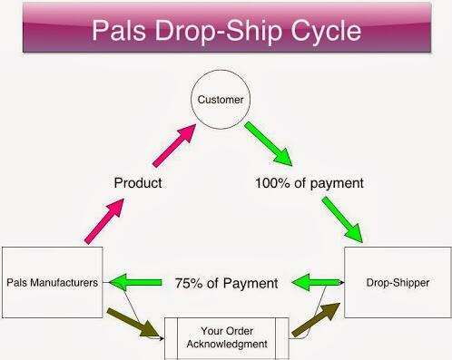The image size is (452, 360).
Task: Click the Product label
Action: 138,182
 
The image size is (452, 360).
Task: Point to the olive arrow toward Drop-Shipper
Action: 312,322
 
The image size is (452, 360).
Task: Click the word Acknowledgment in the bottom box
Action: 226,344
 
